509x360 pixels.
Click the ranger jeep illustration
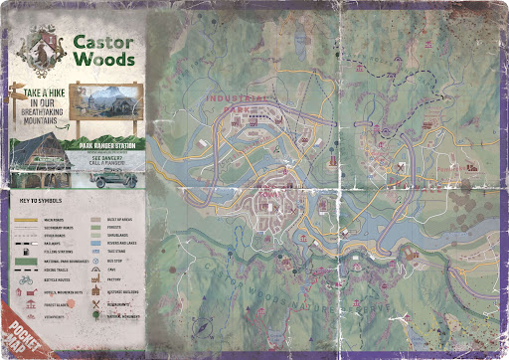tap(109, 171)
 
